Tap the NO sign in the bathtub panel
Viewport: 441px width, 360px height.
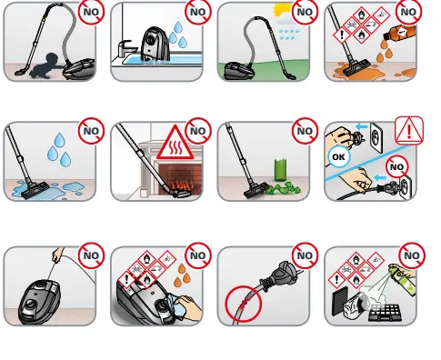coord(197,13)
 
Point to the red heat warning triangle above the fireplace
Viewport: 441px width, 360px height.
coord(173,147)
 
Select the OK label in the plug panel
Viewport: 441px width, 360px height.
coord(337,155)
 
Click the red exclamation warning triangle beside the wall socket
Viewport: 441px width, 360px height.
coord(410,131)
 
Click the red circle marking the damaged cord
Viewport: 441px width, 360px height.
coord(241,297)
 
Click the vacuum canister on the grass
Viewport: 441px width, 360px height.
coord(244,69)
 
